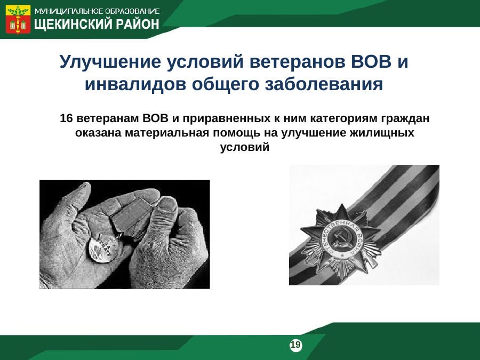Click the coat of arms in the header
click(18, 19)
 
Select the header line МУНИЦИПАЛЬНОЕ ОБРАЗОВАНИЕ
click(97, 12)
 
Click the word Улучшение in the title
click(110, 62)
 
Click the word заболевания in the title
click(324, 84)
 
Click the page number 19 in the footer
click(295, 345)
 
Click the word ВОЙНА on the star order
click(358, 242)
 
